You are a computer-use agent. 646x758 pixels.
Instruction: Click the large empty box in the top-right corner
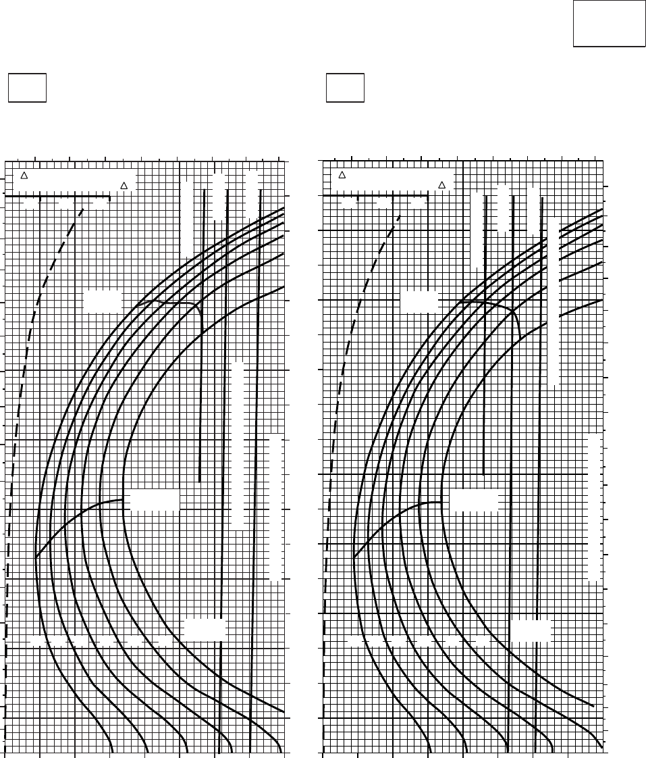pos(609,23)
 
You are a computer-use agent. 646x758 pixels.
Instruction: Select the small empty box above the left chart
pos(27,88)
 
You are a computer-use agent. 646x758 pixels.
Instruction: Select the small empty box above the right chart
pos(345,88)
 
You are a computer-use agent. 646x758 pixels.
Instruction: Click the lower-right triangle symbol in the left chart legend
pos(124,185)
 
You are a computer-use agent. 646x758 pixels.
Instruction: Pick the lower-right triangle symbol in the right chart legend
pos(442,185)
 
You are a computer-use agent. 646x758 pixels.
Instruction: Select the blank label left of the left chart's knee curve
pos(103,301)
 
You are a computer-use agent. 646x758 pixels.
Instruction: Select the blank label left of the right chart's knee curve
pos(419,302)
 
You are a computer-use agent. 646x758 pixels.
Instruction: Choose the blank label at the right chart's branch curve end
pos(474,501)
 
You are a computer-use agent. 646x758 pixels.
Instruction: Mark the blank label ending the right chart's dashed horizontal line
pos(531,631)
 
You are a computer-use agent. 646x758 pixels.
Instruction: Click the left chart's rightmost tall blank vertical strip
pos(275,509)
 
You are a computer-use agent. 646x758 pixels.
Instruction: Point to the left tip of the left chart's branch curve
pos(36,557)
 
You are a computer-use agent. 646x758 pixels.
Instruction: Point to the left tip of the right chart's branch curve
pos(354,557)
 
